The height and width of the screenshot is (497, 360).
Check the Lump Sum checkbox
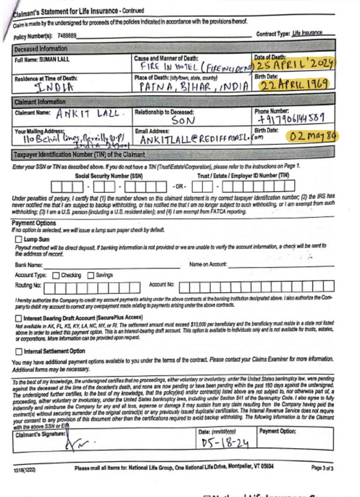point(19,239)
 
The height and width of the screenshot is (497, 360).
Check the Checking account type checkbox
point(56,275)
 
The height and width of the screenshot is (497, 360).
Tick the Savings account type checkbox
point(91,275)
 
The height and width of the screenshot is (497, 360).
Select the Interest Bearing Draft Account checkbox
point(19,318)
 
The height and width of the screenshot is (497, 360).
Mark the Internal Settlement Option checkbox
point(19,351)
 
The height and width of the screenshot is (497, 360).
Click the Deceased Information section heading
point(41,49)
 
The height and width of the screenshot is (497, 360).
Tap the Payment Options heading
point(34,223)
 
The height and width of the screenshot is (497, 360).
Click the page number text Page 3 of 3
point(322,467)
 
